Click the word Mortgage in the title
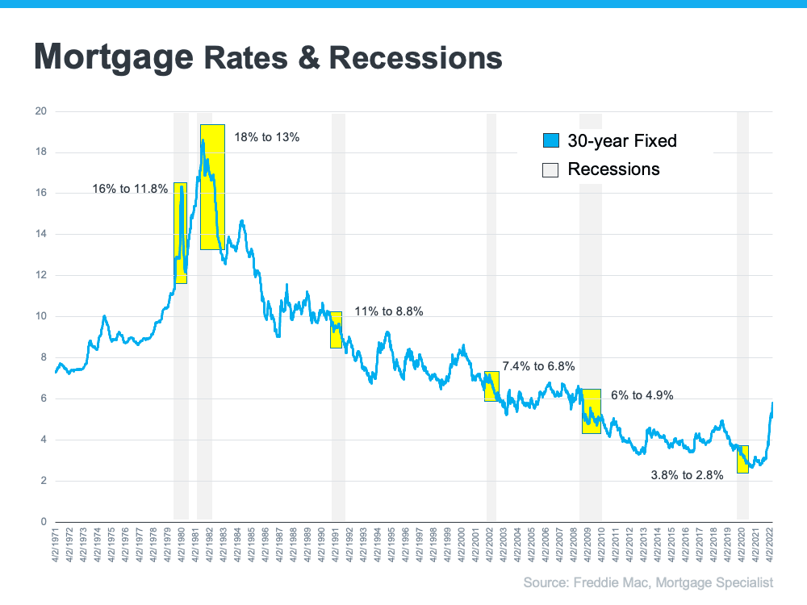[114, 56]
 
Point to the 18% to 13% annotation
[266, 137]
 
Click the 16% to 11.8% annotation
[130, 190]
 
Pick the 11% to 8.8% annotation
[389, 311]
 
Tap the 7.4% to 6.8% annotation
[538, 366]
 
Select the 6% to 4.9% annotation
[642, 395]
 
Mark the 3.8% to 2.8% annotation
[687, 475]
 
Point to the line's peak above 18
[203, 140]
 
